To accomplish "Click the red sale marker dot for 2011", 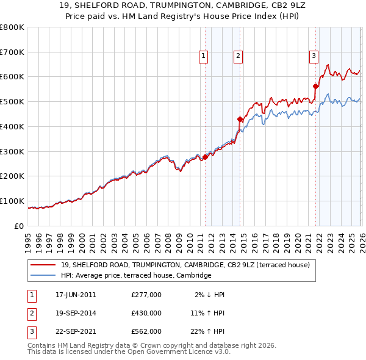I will pyautogui.click(x=205, y=157).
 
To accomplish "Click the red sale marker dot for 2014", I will pyautogui.click(x=240, y=120).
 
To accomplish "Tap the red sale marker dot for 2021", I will pyautogui.click(x=316, y=86).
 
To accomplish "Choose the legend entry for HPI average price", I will pyautogui.click(x=135, y=275).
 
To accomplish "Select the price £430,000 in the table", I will pyautogui.click(x=146, y=313).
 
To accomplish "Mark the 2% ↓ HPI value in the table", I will pyautogui.click(x=210, y=295).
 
